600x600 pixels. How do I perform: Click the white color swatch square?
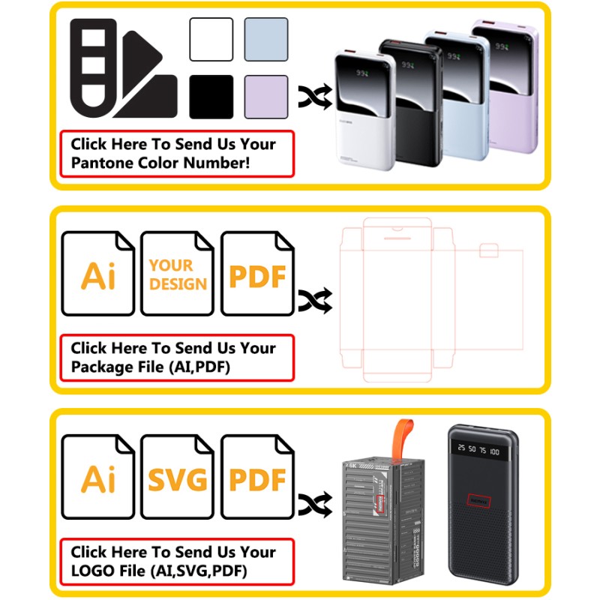coord(211,39)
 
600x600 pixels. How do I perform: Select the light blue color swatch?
coord(266,39)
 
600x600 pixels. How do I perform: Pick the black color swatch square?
coord(211,97)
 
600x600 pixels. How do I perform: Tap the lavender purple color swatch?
coord(266,97)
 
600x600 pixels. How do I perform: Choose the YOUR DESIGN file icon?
coord(178,274)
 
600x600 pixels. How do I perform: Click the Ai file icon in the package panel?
coord(98,274)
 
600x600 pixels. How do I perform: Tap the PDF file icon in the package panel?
coord(257,274)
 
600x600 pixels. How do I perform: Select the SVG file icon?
coord(178,478)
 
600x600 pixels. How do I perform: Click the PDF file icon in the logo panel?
coord(257,478)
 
